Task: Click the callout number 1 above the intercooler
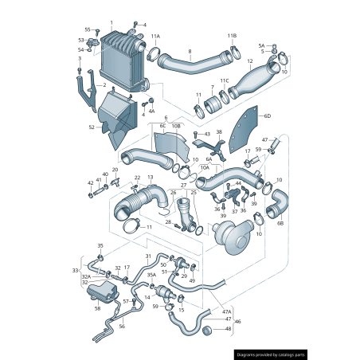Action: click(112, 23)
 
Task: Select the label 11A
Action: click(155, 37)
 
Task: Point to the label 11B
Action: click(232, 36)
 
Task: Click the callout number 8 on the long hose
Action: click(190, 52)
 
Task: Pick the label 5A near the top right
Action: click(261, 45)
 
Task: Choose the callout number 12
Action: click(249, 61)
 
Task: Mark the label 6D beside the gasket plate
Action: click(268, 116)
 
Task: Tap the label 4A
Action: click(152, 112)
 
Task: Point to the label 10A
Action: click(205, 168)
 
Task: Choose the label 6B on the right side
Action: click(280, 224)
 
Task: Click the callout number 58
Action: click(97, 307)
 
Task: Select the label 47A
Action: click(225, 311)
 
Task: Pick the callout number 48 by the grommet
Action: click(228, 328)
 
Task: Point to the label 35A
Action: click(151, 276)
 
